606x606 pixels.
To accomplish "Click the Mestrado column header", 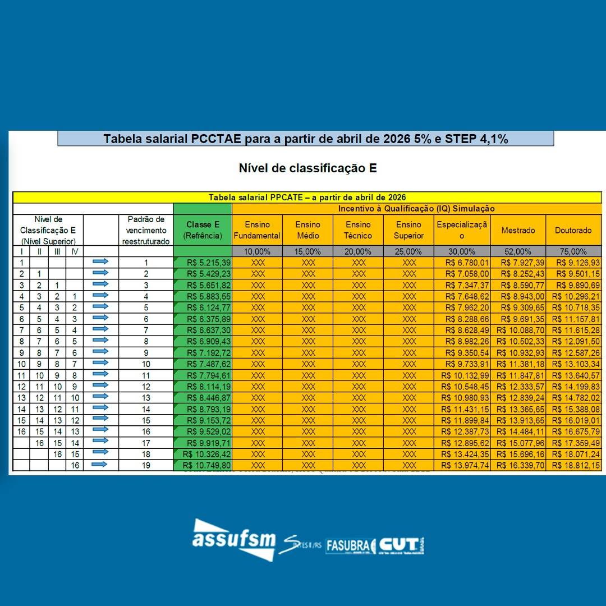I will [518, 230].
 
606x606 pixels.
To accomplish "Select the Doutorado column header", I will [573, 230].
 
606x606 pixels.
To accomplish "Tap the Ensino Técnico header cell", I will [358, 230].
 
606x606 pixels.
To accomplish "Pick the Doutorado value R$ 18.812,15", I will [576, 465].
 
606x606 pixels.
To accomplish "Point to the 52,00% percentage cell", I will [518, 251].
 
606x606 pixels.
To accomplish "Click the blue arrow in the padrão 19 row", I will [100, 465].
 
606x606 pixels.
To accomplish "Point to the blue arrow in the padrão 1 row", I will [100, 262].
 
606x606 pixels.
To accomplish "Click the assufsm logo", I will [234, 539].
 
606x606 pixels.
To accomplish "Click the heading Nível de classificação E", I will [307, 168].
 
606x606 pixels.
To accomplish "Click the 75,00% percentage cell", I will [573, 251].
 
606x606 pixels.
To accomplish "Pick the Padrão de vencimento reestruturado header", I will [146, 230].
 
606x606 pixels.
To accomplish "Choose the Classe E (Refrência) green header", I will [203, 230].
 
